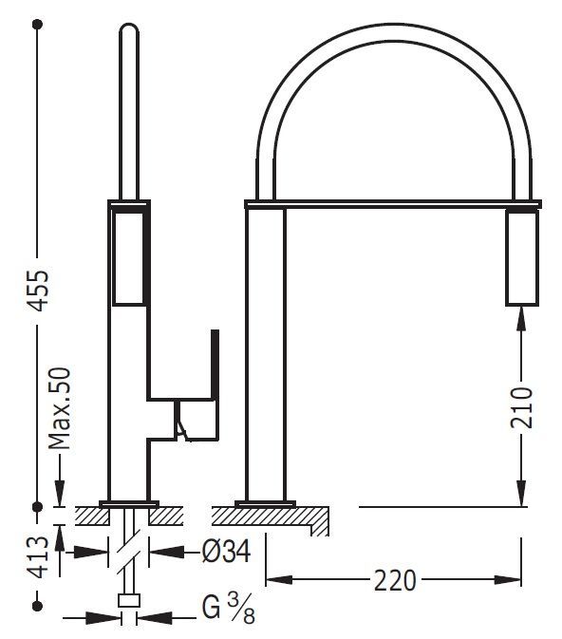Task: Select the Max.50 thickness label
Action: click(x=60, y=408)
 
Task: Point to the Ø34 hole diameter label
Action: click(x=227, y=552)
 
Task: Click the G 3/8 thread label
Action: click(x=229, y=609)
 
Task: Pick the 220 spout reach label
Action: click(x=395, y=580)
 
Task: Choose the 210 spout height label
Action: click(x=521, y=408)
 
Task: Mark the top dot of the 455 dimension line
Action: click(x=37, y=25)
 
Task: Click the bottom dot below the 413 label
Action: click(x=37, y=606)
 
